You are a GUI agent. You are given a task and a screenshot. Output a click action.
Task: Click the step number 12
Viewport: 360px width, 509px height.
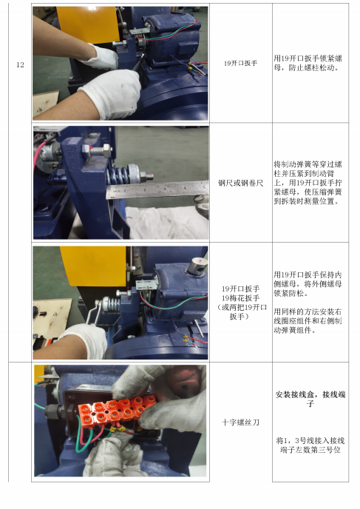point(20,65)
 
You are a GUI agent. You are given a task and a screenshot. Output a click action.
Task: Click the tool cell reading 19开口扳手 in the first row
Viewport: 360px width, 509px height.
point(240,63)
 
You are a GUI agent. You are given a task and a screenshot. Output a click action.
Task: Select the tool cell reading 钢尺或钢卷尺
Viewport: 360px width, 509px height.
point(240,183)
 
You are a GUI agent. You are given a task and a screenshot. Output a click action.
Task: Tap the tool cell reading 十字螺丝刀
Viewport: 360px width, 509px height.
point(240,422)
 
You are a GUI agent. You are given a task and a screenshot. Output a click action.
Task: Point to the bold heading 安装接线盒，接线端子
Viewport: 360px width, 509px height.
point(310,399)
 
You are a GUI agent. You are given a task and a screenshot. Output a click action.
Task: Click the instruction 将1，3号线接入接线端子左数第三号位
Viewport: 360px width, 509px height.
point(310,445)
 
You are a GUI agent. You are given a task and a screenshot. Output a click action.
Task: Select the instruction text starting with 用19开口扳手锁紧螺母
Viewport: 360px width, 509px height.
point(308,63)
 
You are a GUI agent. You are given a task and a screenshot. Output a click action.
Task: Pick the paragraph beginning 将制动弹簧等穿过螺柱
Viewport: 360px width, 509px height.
point(308,183)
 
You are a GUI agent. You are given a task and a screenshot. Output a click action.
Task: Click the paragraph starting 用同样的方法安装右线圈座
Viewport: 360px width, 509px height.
point(308,321)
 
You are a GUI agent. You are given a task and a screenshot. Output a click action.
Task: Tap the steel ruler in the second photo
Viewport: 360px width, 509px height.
point(157,189)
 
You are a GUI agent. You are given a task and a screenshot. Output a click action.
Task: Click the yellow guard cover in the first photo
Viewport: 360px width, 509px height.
point(88,24)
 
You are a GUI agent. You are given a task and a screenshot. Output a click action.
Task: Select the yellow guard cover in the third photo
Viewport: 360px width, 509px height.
point(93,266)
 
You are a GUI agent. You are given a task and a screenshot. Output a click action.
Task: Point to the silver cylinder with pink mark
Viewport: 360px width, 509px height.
point(198,265)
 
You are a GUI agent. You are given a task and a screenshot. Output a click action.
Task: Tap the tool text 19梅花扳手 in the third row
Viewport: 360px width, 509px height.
point(240,298)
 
